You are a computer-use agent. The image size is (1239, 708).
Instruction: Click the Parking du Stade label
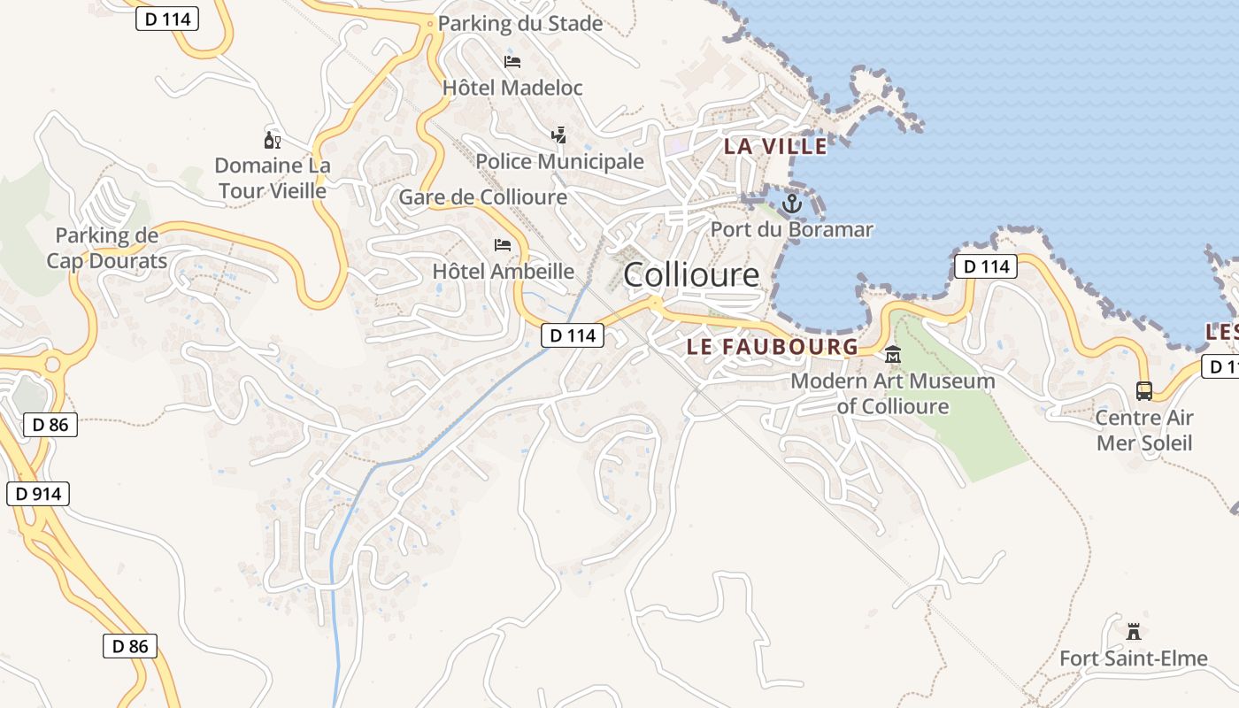tap(520, 24)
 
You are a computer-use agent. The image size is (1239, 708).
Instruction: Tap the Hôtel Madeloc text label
tap(512, 88)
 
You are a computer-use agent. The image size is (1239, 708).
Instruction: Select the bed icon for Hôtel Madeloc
tap(512, 61)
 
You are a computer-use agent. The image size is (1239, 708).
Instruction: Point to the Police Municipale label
tap(559, 161)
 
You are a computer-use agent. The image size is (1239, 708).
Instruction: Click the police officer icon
tap(558, 135)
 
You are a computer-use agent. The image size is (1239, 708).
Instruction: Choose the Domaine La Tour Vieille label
tap(273, 178)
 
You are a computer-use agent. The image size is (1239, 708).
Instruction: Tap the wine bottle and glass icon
tap(272, 139)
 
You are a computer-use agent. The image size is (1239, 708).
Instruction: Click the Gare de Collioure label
tap(483, 196)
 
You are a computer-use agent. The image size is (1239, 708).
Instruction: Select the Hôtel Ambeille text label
tap(503, 271)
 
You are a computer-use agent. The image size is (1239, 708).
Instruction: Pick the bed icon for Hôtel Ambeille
tap(503, 244)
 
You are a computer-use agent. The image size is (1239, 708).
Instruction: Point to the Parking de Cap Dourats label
tap(107, 248)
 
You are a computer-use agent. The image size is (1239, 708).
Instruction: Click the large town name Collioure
tap(691, 275)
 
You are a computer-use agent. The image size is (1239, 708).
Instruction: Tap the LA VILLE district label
tap(776, 146)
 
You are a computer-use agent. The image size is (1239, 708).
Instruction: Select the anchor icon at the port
tap(791, 204)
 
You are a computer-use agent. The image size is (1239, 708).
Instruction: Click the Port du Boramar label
tap(792, 230)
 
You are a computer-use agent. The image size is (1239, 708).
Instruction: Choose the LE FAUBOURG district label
tap(773, 346)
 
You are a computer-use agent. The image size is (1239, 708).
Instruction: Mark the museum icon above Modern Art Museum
tap(893, 355)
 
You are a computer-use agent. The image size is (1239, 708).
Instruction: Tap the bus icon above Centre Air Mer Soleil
tap(1144, 390)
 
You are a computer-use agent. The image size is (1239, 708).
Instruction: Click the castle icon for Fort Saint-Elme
tap(1134, 632)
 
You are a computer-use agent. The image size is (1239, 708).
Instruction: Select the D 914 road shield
tap(38, 493)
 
